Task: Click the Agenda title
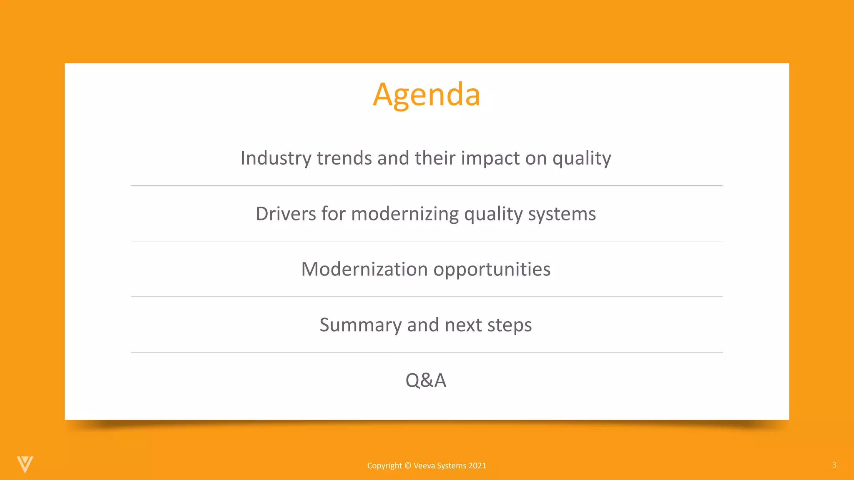pyautogui.click(x=427, y=95)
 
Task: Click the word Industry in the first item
pyautogui.click(x=276, y=158)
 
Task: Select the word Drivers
pyautogui.click(x=286, y=214)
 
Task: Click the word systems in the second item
pyautogui.click(x=562, y=214)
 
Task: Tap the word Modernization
pyautogui.click(x=364, y=269)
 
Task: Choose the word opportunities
pyautogui.click(x=492, y=269)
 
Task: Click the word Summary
pyautogui.click(x=360, y=325)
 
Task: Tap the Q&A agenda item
pyautogui.click(x=426, y=380)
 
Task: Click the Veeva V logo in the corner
pyautogui.click(x=25, y=464)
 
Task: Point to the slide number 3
pyautogui.click(x=834, y=465)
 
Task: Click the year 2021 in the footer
pyautogui.click(x=477, y=466)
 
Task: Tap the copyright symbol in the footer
pyautogui.click(x=408, y=466)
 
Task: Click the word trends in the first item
pyautogui.click(x=344, y=158)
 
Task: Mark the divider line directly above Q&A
pyautogui.click(x=427, y=352)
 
